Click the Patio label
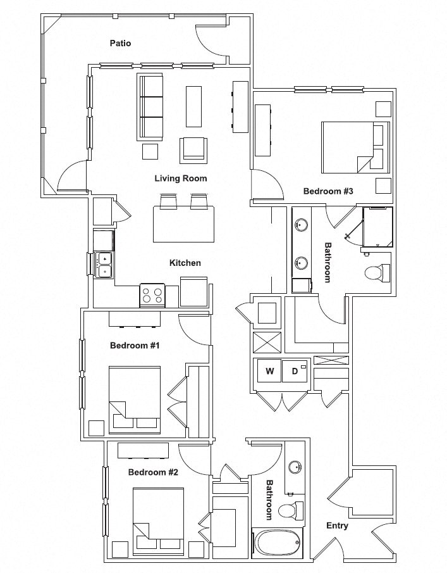pyautogui.click(x=120, y=43)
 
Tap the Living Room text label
pyautogui.click(x=181, y=179)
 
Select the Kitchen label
pyautogui.click(x=185, y=263)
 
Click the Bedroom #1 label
pyautogui.click(x=135, y=345)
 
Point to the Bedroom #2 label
pyautogui.click(x=153, y=472)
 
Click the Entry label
pyautogui.click(x=337, y=526)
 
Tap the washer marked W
pyautogui.click(x=269, y=371)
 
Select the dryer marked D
pyautogui.click(x=295, y=371)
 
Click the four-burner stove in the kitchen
pyautogui.click(x=152, y=296)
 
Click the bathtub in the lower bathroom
pyautogui.click(x=277, y=543)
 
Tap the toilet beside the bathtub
pyautogui.click(x=289, y=510)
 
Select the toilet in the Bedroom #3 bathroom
pyautogui.click(x=376, y=274)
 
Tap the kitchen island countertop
pyautogui.click(x=183, y=224)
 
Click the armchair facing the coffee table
pyautogui.click(x=193, y=149)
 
